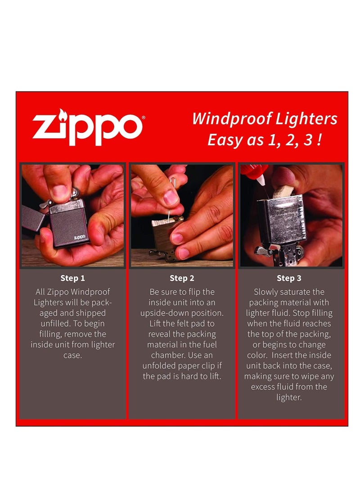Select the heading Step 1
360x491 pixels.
click(x=72, y=278)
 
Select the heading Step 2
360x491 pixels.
click(x=181, y=278)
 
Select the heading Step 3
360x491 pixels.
click(x=289, y=278)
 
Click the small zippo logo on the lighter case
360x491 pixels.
click(x=79, y=237)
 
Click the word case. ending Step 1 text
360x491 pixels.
click(x=72, y=355)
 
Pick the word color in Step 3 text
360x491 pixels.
click(x=258, y=355)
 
